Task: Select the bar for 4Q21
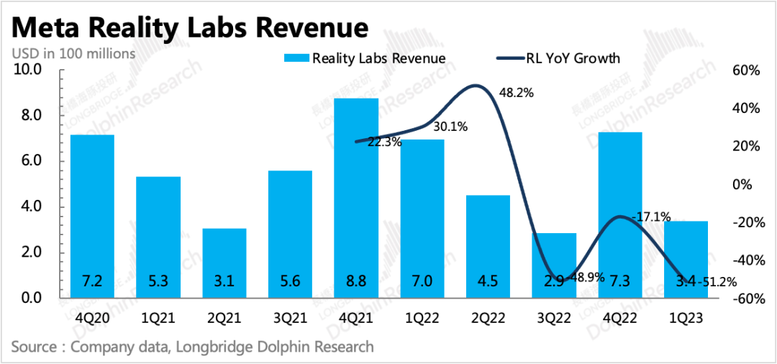pyautogui.click(x=356, y=198)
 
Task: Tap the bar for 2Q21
pyautogui.click(x=224, y=263)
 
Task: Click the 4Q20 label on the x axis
pyautogui.click(x=93, y=317)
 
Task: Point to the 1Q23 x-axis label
pyautogui.click(x=685, y=317)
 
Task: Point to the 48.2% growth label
pyautogui.click(x=516, y=94)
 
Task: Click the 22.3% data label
pyautogui.click(x=384, y=142)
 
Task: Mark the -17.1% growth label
pyautogui.click(x=650, y=216)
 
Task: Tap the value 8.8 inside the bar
pyautogui.click(x=356, y=281)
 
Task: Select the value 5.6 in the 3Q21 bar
pyautogui.click(x=290, y=281)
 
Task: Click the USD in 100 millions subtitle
pyautogui.click(x=73, y=53)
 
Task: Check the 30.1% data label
pyautogui.click(x=450, y=127)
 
